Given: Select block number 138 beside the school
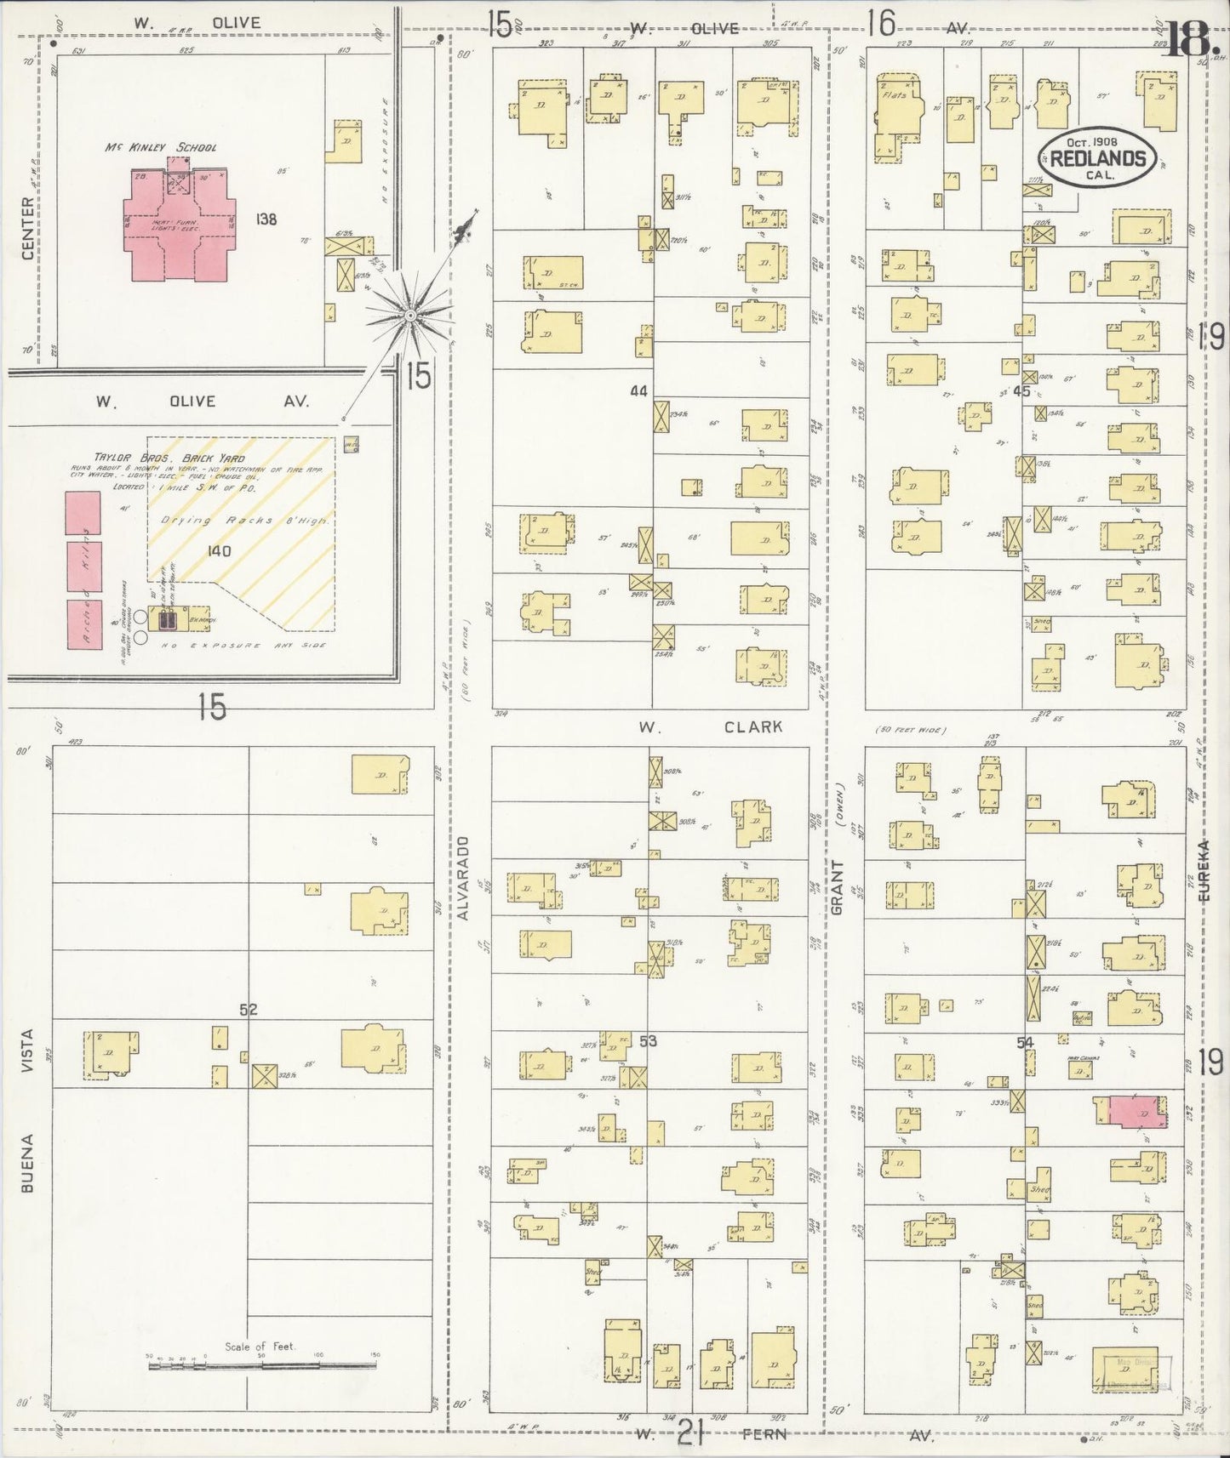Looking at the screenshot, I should [266, 219].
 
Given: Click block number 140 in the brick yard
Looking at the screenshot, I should [219, 550].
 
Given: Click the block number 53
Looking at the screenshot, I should [648, 1040].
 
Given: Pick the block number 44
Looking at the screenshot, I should [638, 390].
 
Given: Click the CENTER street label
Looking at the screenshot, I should [27, 229].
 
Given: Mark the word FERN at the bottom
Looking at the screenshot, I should [764, 1435].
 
